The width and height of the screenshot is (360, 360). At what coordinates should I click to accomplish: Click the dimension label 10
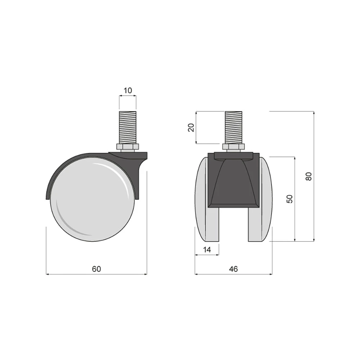pyautogui.click(x=128, y=90)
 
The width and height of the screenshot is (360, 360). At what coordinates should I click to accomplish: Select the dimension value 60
pyautogui.click(x=96, y=269)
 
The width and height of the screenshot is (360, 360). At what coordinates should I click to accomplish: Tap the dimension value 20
pyautogui.click(x=191, y=127)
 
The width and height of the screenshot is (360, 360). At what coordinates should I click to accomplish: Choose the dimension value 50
pyautogui.click(x=290, y=199)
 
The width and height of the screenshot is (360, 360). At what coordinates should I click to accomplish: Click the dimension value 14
pyautogui.click(x=207, y=249)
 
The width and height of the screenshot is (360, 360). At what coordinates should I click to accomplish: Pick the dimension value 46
pyautogui.click(x=233, y=269)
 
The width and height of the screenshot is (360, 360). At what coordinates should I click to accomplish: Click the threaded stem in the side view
pyautogui.click(x=128, y=127)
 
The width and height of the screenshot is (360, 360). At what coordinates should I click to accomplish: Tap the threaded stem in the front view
pyautogui.click(x=234, y=127)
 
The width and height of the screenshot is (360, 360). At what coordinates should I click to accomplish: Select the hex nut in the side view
pyautogui.click(x=128, y=147)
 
